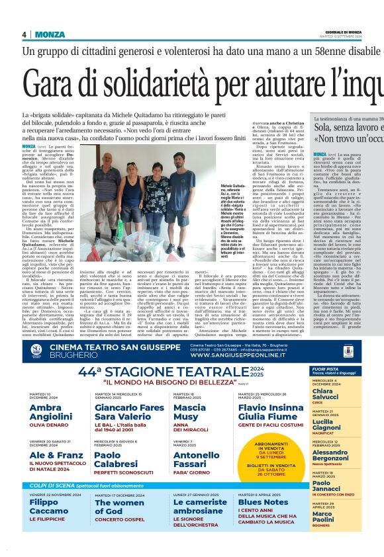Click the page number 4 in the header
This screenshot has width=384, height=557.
(24, 34)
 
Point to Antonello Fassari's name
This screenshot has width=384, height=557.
(196, 459)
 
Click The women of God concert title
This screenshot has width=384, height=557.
(119, 507)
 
